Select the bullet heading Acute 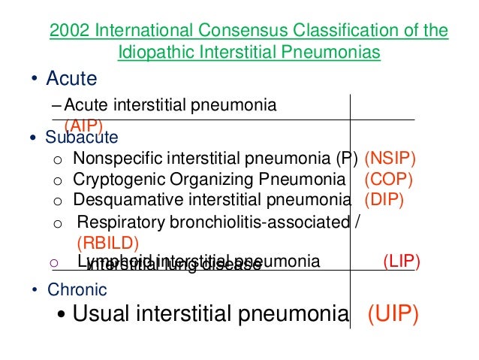click(71, 78)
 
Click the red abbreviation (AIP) click(83, 126)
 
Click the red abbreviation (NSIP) click(390, 159)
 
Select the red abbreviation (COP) click(388, 180)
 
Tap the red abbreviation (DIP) click(384, 200)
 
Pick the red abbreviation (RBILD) click(108, 243)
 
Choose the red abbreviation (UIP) click(392, 314)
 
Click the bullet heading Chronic click(77, 289)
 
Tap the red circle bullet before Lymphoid click(53, 262)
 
